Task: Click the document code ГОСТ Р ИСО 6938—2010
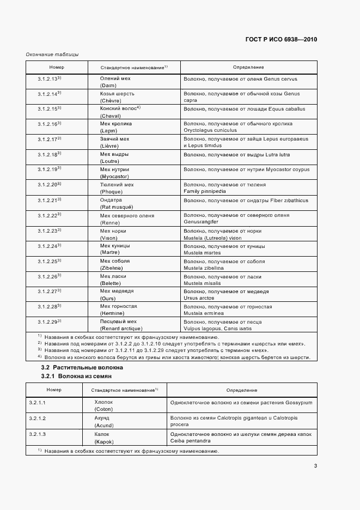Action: coord(282,39)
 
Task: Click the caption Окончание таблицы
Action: coord(52,54)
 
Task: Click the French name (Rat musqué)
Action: coord(116,207)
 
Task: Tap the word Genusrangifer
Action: coord(201,222)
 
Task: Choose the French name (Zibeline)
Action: coord(111,268)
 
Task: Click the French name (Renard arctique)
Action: coord(121,329)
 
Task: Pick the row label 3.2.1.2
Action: coord(38,418)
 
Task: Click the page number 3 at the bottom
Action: coord(315,465)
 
